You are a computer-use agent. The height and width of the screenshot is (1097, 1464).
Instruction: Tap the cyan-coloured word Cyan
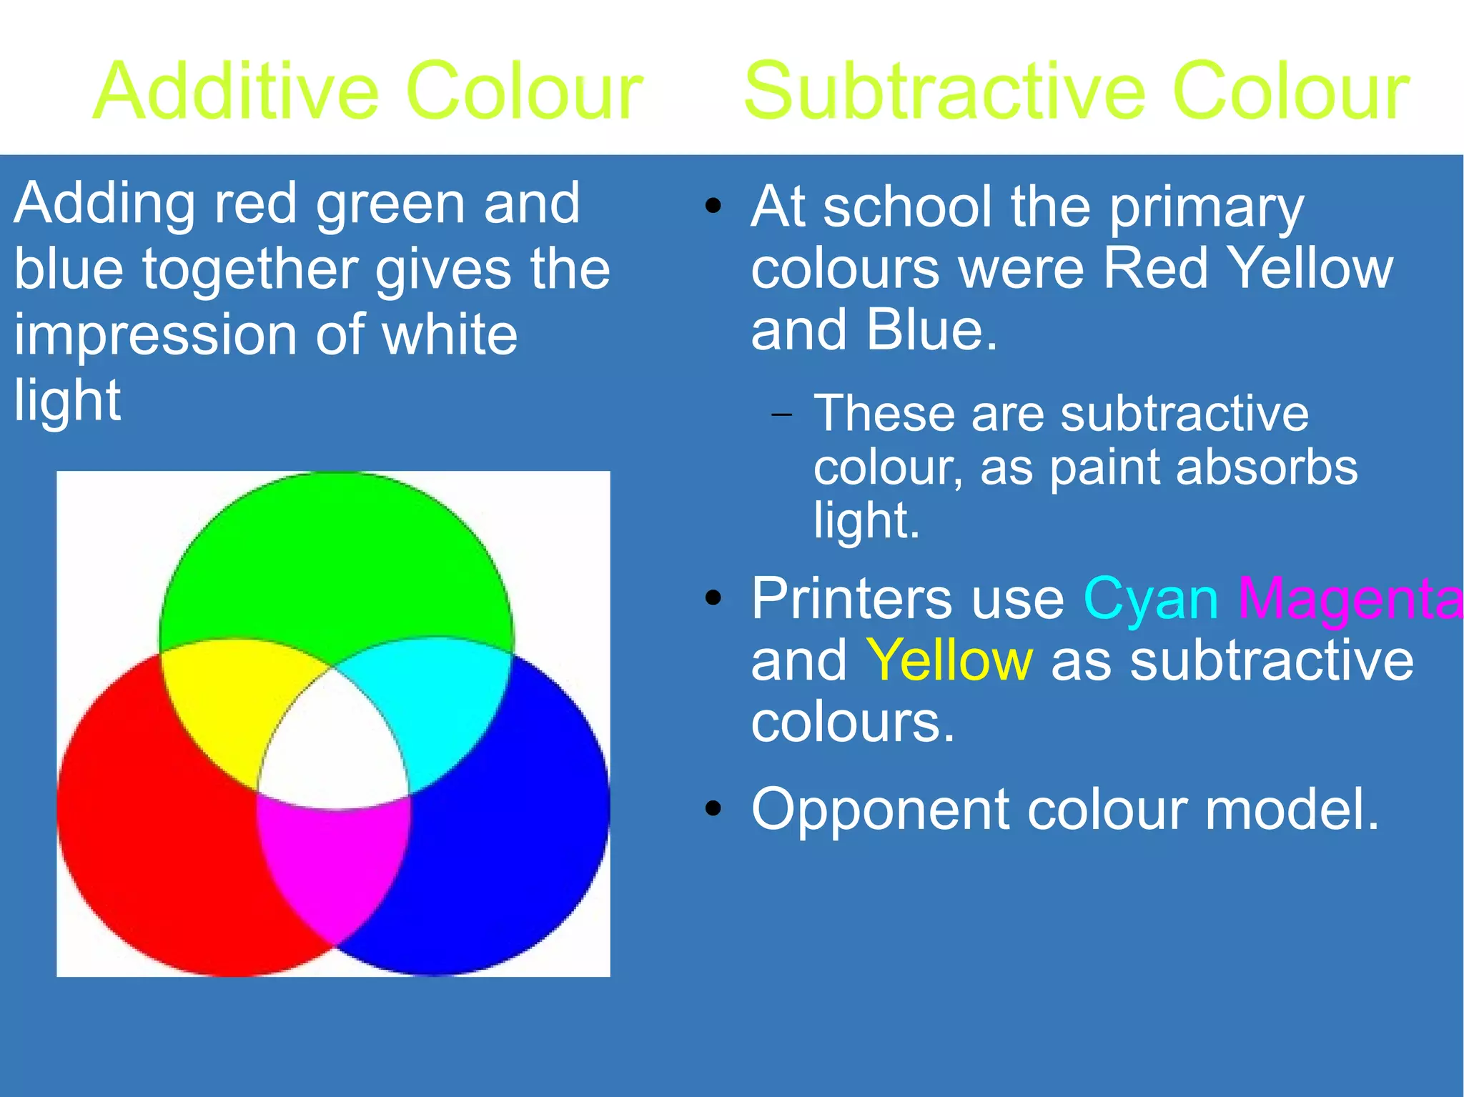[x=1150, y=599]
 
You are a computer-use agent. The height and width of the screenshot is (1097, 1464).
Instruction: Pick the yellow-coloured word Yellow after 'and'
[x=949, y=661]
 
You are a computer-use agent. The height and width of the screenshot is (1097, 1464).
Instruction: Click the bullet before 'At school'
[x=713, y=207]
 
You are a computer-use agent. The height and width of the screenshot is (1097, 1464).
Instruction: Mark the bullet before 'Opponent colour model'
[x=713, y=808]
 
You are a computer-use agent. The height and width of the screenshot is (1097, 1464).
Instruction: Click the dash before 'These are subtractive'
[x=782, y=415]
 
